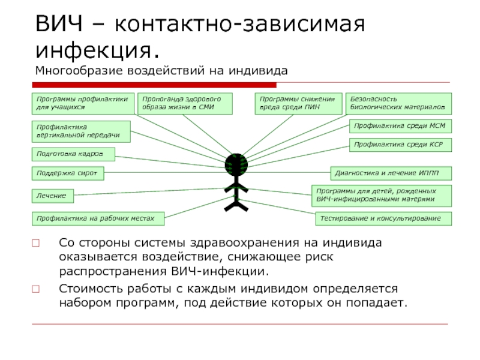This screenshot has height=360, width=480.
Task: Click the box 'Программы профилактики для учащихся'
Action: (82, 103)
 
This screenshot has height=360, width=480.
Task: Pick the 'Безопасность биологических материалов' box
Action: (399, 103)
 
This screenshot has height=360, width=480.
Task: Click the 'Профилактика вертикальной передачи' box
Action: (80, 131)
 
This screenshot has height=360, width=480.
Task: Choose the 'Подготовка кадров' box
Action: (73, 154)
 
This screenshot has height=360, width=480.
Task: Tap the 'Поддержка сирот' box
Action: (67, 173)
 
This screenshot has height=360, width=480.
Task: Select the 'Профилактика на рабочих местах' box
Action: (99, 218)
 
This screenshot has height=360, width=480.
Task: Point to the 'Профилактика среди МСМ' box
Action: (400, 126)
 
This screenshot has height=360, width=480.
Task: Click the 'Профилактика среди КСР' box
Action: (400, 145)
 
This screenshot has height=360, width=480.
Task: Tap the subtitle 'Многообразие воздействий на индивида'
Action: (161, 71)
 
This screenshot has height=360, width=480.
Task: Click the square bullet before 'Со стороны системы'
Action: (36, 243)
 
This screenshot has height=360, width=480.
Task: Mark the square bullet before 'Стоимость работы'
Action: (36, 289)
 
